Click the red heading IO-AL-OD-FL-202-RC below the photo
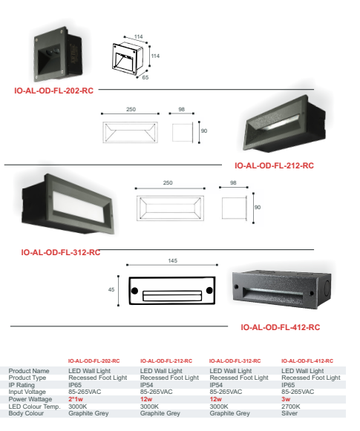[x=54, y=91]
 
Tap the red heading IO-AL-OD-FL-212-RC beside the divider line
[x=274, y=165]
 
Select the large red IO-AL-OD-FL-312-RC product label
[x=61, y=252]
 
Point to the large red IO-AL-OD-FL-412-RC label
[x=281, y=327]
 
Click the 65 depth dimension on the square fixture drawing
[x=145, y=77]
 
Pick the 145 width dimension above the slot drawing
[x=173, y=260]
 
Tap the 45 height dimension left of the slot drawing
[x=111, y=290]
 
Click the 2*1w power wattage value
[x=76, y=399]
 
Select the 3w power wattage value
[x=286, y=399]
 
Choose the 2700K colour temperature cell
[x=291, y=407]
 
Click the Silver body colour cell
[x=289, y=413]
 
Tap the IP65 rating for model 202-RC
[x=75, y=385]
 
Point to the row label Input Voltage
[x=27, y=392]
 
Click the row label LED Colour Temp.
[x=34, y=407]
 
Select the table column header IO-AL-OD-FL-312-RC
[x=235, y=361]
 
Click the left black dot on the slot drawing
[x=134, y=291]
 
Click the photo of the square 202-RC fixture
[x=58, y=54]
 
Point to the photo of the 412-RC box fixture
[x=281, y=289]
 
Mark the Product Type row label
[x=27, y=378]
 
